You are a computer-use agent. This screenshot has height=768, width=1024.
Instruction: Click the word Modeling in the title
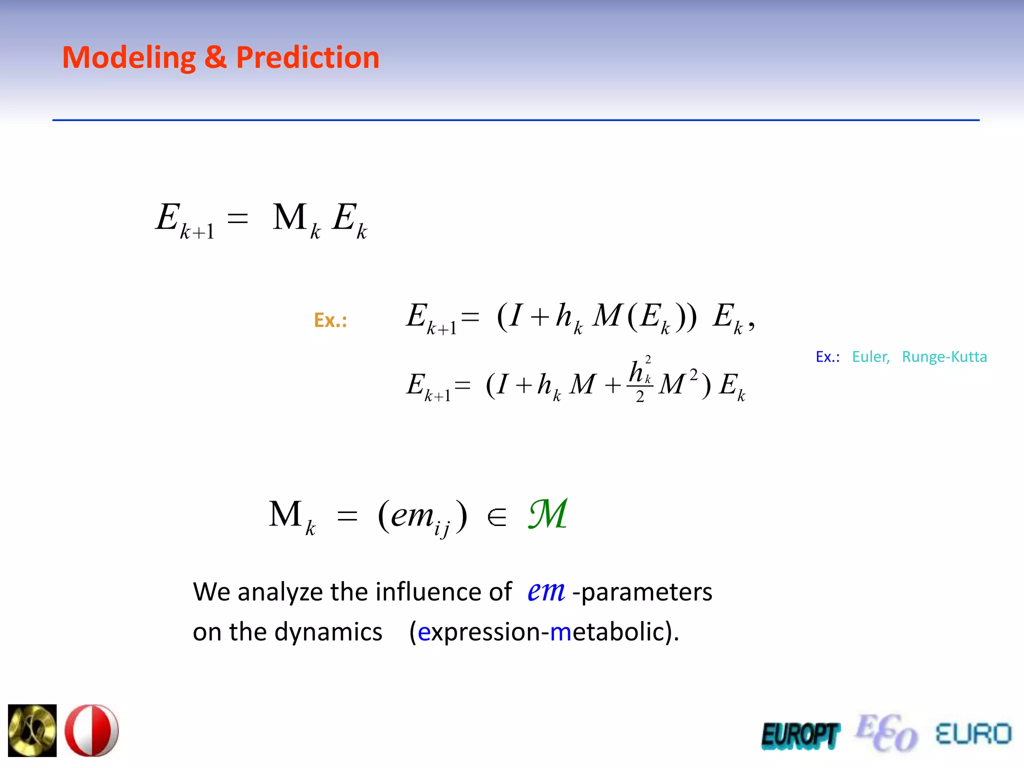pyautogui.click(x=128, y=58)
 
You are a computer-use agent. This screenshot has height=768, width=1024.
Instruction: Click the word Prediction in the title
pyautogui.click(x=307, y=58)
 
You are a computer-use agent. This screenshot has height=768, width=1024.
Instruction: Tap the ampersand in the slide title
pyautogui.click(x=215, y=58)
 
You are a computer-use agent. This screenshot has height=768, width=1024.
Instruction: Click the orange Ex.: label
pyautogui.click(x=330, y=320)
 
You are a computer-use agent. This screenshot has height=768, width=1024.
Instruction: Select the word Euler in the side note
pyautogui.click(x=870, y=357)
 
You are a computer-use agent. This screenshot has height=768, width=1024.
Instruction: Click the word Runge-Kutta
pyautogui.click(x=944, y=357)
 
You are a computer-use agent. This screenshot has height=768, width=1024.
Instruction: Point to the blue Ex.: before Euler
pyautogui.click(x=827, y=357)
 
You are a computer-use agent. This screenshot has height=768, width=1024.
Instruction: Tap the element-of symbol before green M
pyautogui.click(x=496, y=517)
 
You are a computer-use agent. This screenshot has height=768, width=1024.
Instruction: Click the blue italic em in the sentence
pyautogui.click(x=546, y=591)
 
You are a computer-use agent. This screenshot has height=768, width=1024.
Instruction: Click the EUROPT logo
pyautogui.click(x=800, y=735)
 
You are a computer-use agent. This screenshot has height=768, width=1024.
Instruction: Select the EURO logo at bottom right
pyautogui.click(x=973, y=734)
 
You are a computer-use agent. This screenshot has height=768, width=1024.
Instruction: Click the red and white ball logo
pyautogui.click(x=92, y=730)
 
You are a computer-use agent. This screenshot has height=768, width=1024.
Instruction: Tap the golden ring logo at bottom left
pyautogui.click(x=32, y=730)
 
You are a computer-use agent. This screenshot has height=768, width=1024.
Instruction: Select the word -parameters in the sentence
pyautogui.click(x=642, y=592)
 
